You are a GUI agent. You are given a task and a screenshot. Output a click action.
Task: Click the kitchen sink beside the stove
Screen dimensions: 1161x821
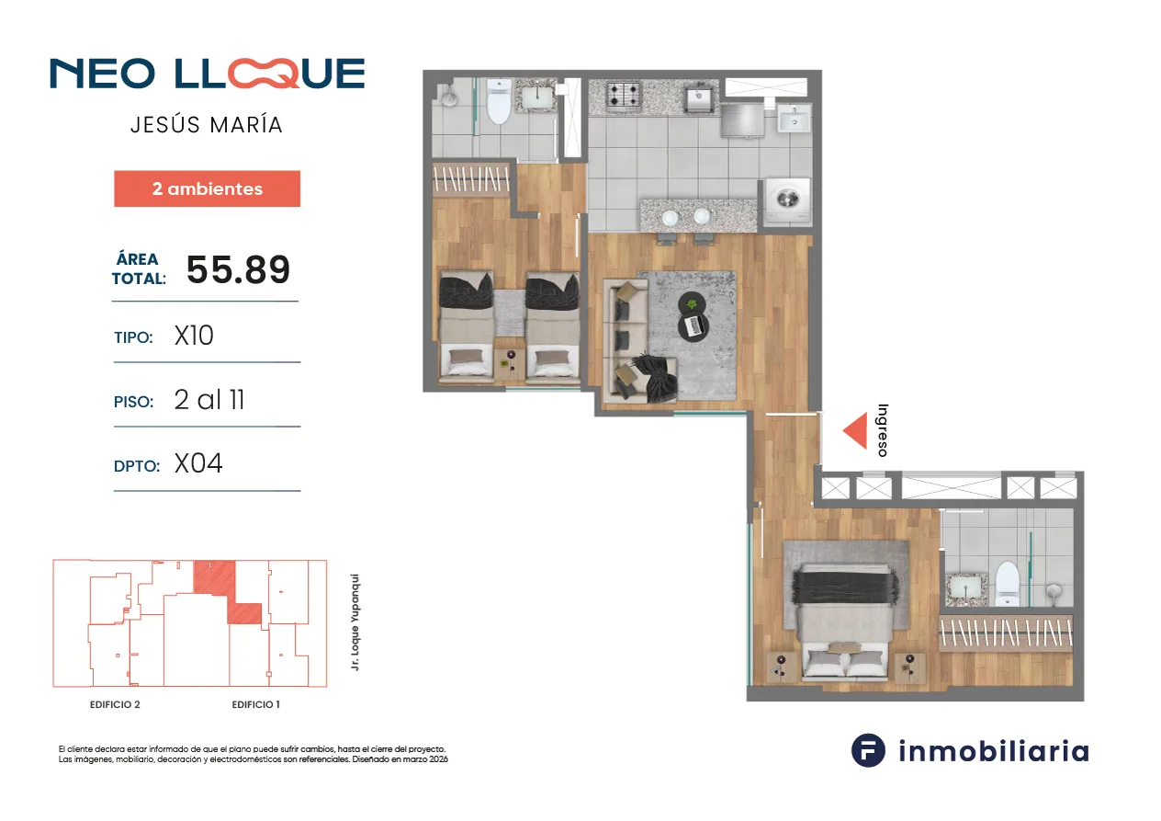pos(699,97)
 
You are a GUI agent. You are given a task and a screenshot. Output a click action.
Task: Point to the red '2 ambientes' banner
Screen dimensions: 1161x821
pos(207,188)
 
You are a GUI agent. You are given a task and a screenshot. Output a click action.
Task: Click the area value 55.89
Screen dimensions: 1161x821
pos(238,269)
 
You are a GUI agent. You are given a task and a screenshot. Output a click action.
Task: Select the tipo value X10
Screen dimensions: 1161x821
pos(194,336)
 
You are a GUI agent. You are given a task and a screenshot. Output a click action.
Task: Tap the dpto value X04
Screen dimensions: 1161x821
pos(198,463)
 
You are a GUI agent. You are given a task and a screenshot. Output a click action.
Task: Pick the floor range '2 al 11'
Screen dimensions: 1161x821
pos(209,399)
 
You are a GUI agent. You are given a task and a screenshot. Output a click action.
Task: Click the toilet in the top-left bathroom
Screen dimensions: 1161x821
pos(499,101)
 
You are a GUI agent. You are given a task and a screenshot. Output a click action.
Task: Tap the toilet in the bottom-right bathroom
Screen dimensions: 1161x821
pos(1007,584)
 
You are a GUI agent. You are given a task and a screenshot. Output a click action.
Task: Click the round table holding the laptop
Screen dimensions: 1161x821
pos(693,326)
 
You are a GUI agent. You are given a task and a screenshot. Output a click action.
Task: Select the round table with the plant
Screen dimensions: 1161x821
pos(692,302)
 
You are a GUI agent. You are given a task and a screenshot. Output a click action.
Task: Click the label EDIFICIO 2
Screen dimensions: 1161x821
pos(115,704)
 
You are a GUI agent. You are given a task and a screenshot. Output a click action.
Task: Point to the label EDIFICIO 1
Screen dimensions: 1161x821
pos(255,704)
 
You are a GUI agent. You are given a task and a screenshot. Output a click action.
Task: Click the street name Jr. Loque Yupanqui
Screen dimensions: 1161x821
pos(355,622)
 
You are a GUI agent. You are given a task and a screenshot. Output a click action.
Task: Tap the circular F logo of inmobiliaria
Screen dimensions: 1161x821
pos(868,750)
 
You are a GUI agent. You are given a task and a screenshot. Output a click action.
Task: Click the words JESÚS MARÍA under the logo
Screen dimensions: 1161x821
pos(207,125)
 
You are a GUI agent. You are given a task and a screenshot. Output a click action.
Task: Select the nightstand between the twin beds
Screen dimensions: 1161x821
pos(509,362)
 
